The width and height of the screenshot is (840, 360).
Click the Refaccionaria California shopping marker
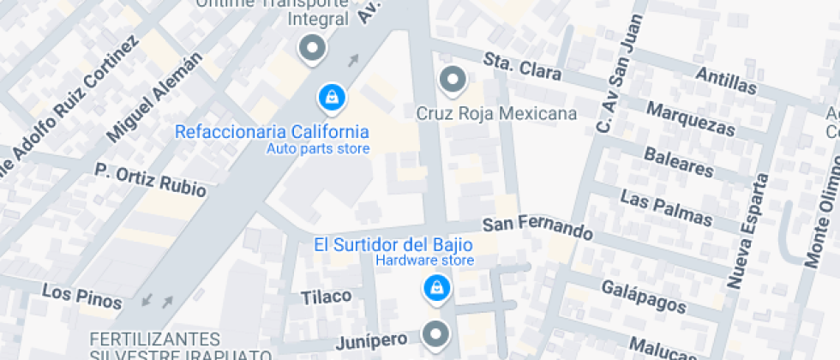click(x=330, y=99)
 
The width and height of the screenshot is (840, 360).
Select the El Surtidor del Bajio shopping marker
click(x=437, y=288)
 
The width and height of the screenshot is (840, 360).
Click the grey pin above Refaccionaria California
click(x=311, y=49)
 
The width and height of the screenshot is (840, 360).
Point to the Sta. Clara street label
click(x=522, y=67)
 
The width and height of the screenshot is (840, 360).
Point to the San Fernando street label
click(x=537, y=228)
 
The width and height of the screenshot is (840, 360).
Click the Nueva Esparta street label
click(x=747, y=231)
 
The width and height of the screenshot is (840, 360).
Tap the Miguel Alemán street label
click(x=155, y=97)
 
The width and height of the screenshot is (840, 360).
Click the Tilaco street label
click(x=326, y=297)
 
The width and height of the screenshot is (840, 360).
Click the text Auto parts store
click(x=318, y=149)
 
